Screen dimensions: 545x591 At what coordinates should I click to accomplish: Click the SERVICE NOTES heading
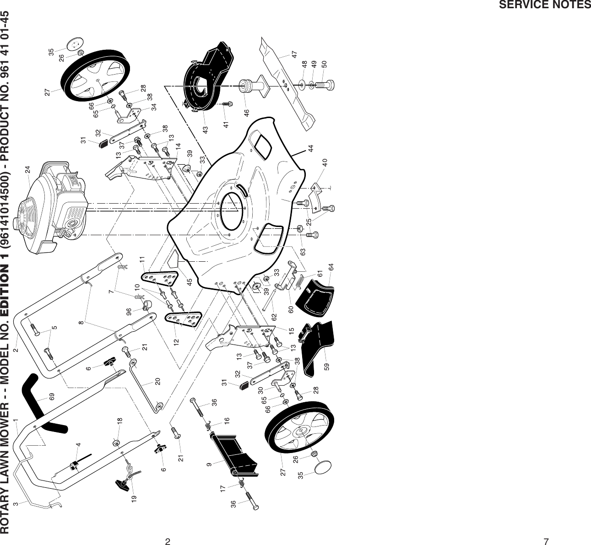[544, 5]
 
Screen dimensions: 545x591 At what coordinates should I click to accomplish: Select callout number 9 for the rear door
[209, 464]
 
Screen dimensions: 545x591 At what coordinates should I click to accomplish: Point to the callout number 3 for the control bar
[16, 504]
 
